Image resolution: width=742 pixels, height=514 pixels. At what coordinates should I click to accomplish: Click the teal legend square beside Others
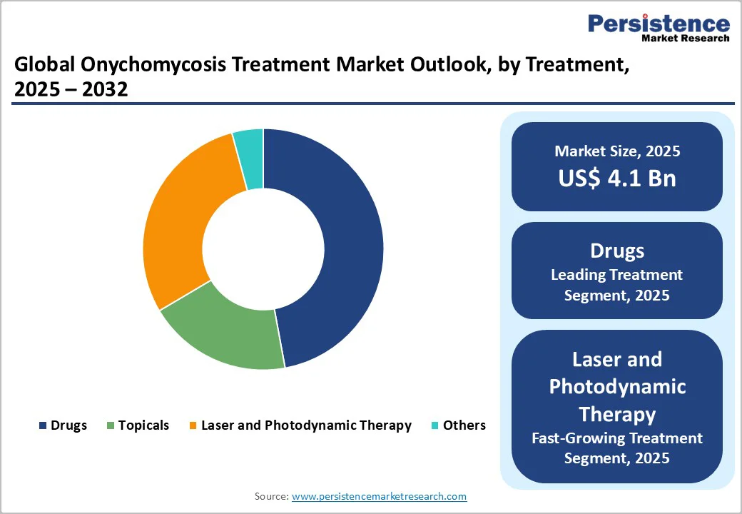tap(435, 426)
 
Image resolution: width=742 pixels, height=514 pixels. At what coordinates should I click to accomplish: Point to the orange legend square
tap(193, 426)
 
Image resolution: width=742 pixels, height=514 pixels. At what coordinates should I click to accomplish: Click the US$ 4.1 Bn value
tap(617, 178)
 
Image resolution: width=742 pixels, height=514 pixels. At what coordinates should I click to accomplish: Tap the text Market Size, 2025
tap(617, 151)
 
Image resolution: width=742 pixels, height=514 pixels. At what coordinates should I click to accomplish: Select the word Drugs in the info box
tap(617, 251)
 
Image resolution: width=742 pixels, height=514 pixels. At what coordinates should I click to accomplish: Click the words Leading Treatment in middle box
tap(617, 275)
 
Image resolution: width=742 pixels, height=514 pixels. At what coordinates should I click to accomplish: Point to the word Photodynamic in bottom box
tap(617, 386)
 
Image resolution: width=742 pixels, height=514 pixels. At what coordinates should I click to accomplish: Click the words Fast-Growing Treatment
tap(617, 438)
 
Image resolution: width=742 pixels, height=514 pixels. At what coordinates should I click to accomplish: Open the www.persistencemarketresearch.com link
tap(379, 496)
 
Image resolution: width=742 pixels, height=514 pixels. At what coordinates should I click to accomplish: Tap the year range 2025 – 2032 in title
tap(71, 90)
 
